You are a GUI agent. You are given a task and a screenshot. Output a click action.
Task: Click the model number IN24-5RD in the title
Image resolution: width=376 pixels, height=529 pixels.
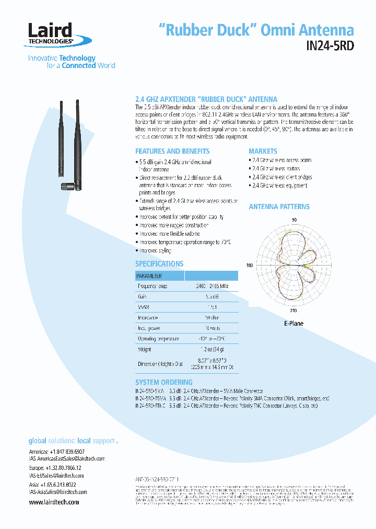[330, 45]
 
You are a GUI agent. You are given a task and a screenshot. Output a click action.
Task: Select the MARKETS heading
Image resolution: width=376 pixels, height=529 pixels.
[263, 151]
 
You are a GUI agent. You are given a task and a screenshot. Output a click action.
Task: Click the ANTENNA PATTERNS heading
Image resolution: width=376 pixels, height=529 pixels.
[279, 206]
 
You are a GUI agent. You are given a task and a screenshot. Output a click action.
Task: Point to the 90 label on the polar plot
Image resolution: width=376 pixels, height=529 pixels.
[294, 220]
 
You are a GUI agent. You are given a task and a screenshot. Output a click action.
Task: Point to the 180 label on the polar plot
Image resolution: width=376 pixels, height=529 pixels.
[249, 266]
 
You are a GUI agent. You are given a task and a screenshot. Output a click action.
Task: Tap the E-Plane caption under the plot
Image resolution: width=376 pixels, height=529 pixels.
[293, 324]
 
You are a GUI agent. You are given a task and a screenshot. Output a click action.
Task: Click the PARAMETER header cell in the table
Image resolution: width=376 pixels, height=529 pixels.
[149, 276]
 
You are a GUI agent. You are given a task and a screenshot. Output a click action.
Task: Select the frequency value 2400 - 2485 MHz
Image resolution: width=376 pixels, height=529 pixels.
[212, 286]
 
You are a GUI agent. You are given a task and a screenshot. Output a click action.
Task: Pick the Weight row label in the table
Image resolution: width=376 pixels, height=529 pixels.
[145, 349]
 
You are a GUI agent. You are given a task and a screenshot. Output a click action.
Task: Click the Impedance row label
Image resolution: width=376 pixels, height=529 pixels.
[148, 317]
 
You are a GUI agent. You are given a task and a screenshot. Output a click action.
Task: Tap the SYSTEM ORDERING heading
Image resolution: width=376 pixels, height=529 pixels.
[163, 382]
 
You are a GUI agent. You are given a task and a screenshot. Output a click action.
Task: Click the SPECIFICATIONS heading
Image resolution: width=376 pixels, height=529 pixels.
[159, 264]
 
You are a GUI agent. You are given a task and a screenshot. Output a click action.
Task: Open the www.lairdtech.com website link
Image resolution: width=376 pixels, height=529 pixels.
[54, 502]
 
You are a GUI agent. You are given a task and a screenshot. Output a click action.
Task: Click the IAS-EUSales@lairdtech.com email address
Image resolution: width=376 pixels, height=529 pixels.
[56, 476]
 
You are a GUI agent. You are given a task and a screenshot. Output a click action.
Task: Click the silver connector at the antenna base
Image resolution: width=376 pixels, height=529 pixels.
[66, 186]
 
